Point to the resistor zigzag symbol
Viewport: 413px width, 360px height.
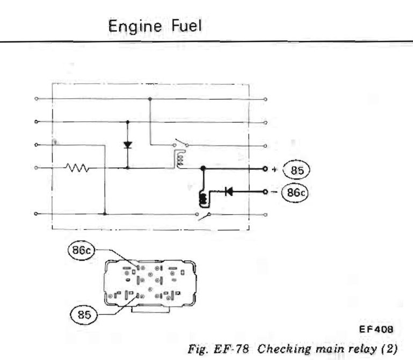pos(75,168)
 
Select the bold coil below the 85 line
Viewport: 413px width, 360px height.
pos(202,198)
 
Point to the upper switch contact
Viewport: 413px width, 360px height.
pos(180,144)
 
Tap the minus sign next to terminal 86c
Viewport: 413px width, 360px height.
pos(275,191)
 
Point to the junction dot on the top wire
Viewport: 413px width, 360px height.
pos(150,99)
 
